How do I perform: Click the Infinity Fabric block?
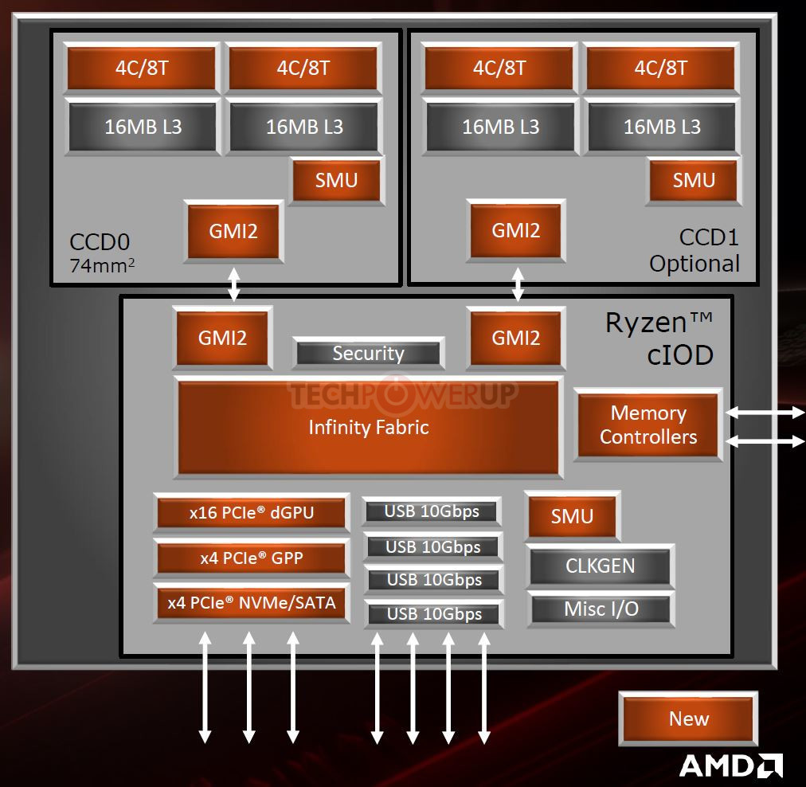tap(368, 427)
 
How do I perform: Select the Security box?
tap(368, 353)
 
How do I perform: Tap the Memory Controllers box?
tap(648, 425)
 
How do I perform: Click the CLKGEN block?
tap(600, 566)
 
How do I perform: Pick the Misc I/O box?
tap(601, 609)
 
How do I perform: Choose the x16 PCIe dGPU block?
tap(252, 512)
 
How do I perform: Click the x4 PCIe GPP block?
tap(252, 558)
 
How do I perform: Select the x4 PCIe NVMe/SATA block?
tap(252, 602)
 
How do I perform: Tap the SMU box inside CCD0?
tap(336, 181)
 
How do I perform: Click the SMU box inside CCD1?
tap(694, 181)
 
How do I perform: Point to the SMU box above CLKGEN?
tap(572, 515)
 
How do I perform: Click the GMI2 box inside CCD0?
tap(233, 231)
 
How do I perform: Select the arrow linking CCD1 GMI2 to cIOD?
tap(518, 284)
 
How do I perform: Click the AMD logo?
tap(731, 766)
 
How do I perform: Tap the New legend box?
tap(688, 718)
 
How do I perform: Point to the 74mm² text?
tap(102, 265)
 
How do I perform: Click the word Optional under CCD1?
tap(694, 264)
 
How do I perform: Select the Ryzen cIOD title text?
tap(660, 339)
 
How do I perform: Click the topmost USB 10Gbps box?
tap(431, 511)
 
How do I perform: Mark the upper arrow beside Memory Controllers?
tap(765, 413)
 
